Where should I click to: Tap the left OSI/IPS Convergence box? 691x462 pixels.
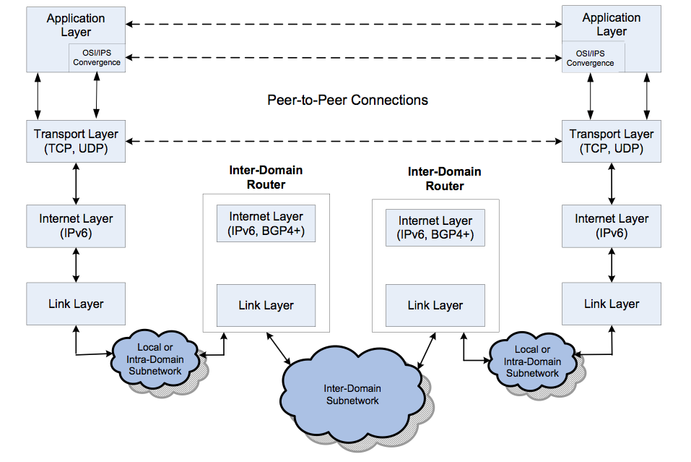pos(96,58)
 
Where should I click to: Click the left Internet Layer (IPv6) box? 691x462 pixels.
pos(76,226)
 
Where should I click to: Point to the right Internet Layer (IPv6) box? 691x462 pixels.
pos(611,226)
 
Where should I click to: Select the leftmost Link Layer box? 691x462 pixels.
pos(76,304)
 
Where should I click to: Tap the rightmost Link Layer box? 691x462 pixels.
pos(611,304)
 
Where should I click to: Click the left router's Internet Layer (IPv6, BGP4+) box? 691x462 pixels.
pos(266,223)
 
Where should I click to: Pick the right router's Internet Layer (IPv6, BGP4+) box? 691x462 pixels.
pos(435,228)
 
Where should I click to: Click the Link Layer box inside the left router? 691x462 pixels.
pos(266,305)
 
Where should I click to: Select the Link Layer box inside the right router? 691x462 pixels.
pos(435,305)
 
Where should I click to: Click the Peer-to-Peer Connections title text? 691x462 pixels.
pos(347,100)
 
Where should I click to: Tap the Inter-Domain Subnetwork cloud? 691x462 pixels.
pos(352,394)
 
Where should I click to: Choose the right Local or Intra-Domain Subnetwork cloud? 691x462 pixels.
pos(532,361)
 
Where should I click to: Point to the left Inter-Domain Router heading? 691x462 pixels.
pos(266,177)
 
